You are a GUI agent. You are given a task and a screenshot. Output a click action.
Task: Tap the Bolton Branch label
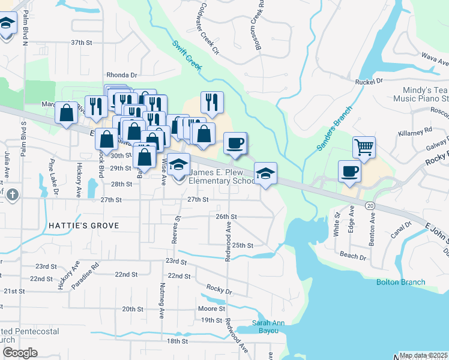tap(400, 282)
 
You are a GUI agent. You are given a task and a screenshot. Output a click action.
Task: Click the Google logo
tap(20, 353)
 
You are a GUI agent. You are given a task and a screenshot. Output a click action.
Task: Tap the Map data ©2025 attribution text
tap(423, 355)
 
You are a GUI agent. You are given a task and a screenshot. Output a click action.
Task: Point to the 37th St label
tap(82, 43)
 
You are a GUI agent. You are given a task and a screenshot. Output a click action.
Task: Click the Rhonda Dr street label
tap(122, 75)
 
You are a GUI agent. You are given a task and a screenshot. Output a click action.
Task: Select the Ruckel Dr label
tap(369, 81)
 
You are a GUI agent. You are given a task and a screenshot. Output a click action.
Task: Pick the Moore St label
tap(211, 309)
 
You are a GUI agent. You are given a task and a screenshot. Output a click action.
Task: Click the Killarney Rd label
tap(420, 130)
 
